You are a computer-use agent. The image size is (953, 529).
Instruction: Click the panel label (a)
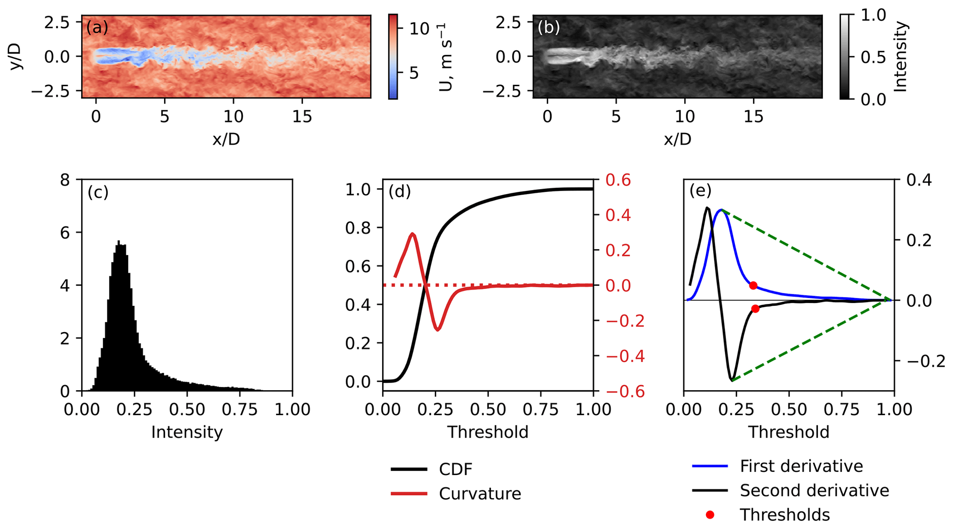97,28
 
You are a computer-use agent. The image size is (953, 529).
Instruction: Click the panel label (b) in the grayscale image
549,28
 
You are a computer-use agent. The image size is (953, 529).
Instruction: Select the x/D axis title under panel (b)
677,139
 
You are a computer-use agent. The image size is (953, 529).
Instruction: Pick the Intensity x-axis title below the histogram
187,432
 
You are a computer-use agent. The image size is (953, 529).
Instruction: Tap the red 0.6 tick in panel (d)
618,180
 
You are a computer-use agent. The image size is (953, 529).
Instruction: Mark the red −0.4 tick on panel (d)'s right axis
625,356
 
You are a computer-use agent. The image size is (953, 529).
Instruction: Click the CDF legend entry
456,470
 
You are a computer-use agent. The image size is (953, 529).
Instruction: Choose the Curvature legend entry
479,494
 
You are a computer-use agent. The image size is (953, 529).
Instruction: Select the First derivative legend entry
801,466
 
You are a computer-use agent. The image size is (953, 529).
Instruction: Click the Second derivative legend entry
814,490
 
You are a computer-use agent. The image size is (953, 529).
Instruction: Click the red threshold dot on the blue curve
753,285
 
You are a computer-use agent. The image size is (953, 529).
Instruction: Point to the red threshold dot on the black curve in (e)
755,309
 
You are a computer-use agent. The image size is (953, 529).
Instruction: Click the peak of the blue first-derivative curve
721,210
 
